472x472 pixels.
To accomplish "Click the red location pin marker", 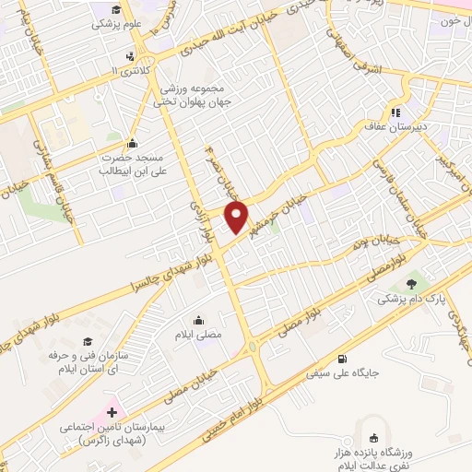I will coord(238,218).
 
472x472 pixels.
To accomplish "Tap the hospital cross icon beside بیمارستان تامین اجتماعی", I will coord(112,412).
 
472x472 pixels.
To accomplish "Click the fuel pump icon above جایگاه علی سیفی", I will coord(343,359).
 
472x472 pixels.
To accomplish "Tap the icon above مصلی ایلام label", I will coord(199,321).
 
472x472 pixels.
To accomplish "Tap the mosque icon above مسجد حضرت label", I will coord(134,143).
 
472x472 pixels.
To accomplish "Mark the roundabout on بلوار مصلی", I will coord(252,348).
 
